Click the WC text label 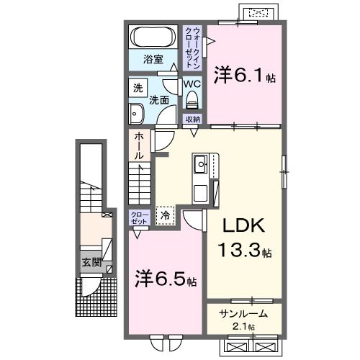pyautogui.click(x=191, y=84)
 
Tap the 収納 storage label pyautogui.click(x=192, y=119)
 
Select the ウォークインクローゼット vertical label pyautogui.click(x=192, y=46)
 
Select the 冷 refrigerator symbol pyautogui.click(x=165, y=214)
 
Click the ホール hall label pyautogui.click(x=138, y=145)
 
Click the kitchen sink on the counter pyautogui.click(x=199, y=166)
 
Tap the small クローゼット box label pyautogui.click(x=138, y=218)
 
